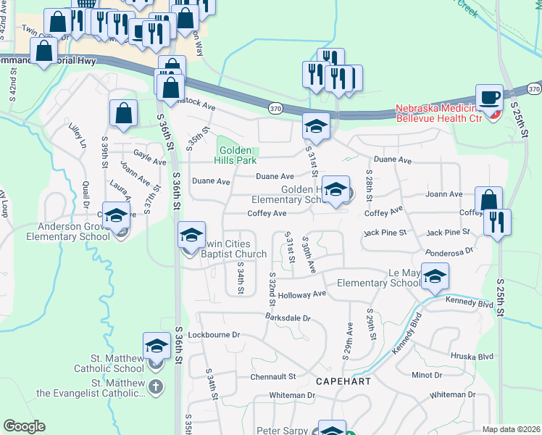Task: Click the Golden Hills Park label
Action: tap(236, 154)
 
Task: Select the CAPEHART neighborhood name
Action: tap(343, 381)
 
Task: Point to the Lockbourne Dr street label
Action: tap(213, 335)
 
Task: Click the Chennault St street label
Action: tap(274, 377)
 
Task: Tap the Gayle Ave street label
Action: tap(150, 154)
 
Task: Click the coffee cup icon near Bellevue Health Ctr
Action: tap(489, 96)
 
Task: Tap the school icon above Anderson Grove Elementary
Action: tap(116, 215)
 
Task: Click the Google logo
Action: tap(24, 426)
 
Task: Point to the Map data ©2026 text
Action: tap(511, 429)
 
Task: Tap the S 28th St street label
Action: tap(369, 187)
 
